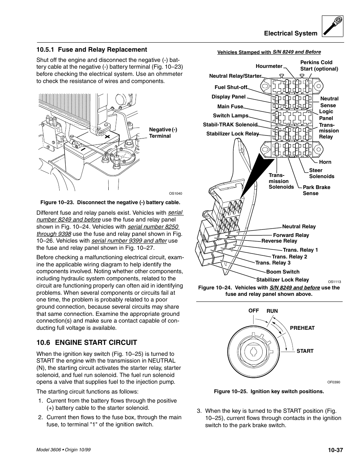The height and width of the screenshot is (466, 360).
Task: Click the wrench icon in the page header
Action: [x=333, y=26]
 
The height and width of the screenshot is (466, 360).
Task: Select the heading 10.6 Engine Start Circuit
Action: [x=86, y=343]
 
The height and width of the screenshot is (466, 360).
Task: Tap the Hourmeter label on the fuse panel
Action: [x=269, y=66]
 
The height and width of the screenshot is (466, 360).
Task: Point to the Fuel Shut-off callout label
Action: [x=231, y=87]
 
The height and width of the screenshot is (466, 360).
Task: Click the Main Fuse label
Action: [x=230, y=107]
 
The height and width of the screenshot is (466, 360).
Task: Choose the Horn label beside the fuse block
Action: [x=325, y=162]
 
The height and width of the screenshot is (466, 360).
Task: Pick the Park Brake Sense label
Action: [x=316, y=190]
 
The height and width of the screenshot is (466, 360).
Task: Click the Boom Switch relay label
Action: [x=283, y=272]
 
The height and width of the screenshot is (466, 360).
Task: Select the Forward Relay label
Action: [x=291, y=235]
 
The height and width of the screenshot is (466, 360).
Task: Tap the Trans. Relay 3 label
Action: [x=273, y=263]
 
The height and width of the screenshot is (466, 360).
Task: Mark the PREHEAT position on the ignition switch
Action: [x=302, y=328]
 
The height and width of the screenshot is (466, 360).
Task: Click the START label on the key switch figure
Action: [x=305, y=351]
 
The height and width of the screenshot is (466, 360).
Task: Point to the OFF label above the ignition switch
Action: [x=254, y=311]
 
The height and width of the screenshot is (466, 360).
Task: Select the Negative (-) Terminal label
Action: [x=163, y=133]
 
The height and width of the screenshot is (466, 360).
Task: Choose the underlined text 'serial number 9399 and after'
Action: [x=129, y=241]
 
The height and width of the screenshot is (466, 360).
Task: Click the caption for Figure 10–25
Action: [x=269, y=391]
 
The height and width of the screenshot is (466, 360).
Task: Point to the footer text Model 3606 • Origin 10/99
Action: [x=63, y=450]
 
